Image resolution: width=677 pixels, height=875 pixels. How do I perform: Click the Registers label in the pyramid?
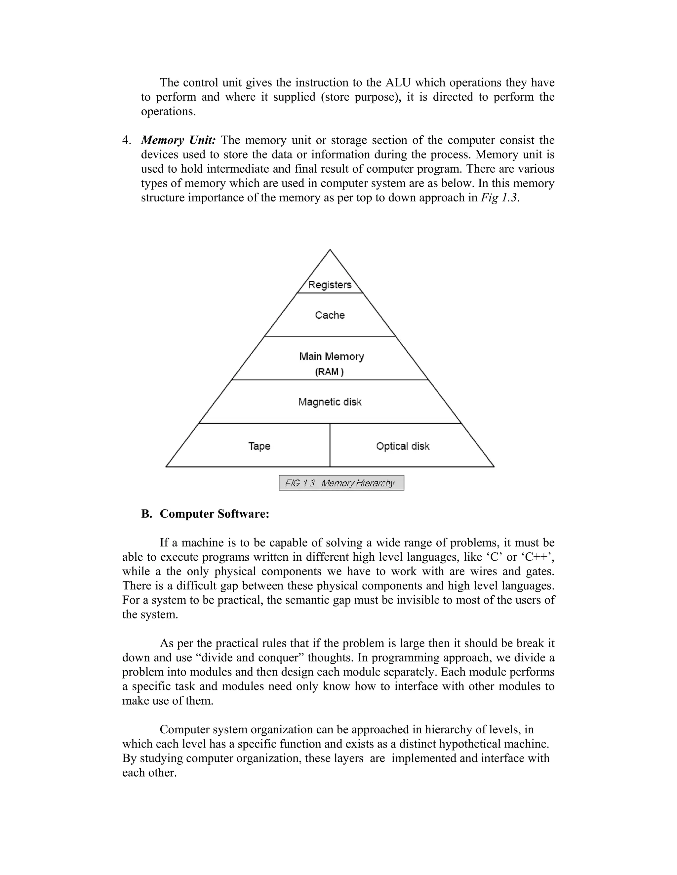click(x=330, y=285)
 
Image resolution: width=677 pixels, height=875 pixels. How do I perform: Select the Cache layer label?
click(x=330, y=315)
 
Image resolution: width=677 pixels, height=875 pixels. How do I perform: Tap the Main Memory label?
click(x=331, y=357)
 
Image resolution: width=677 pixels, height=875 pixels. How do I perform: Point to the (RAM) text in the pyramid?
click(x=329, y=372)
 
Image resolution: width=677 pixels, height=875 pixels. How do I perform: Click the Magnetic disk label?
click(x=330, y=402)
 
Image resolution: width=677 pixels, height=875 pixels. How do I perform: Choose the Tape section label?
click(x=259, y=446)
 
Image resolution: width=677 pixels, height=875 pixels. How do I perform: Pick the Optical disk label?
click(x=403, y=446)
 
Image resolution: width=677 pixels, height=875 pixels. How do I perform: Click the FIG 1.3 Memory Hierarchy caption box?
click(x=341, y=483)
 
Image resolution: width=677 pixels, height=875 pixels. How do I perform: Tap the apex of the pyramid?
click(x=330, y=250)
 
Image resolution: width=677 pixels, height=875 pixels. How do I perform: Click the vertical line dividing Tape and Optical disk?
click(x=330, y=445)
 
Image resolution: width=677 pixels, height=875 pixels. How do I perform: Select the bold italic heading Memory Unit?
click(x=179, y=140)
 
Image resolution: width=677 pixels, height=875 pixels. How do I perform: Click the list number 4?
click(x=126, y=140)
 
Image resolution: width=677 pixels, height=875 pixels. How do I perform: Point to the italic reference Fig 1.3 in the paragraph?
click(x=499, y=198)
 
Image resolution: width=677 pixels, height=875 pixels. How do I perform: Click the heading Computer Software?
click(x=214, y=514)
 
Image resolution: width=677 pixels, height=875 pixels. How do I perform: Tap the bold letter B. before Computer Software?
click(x=146, y=514)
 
